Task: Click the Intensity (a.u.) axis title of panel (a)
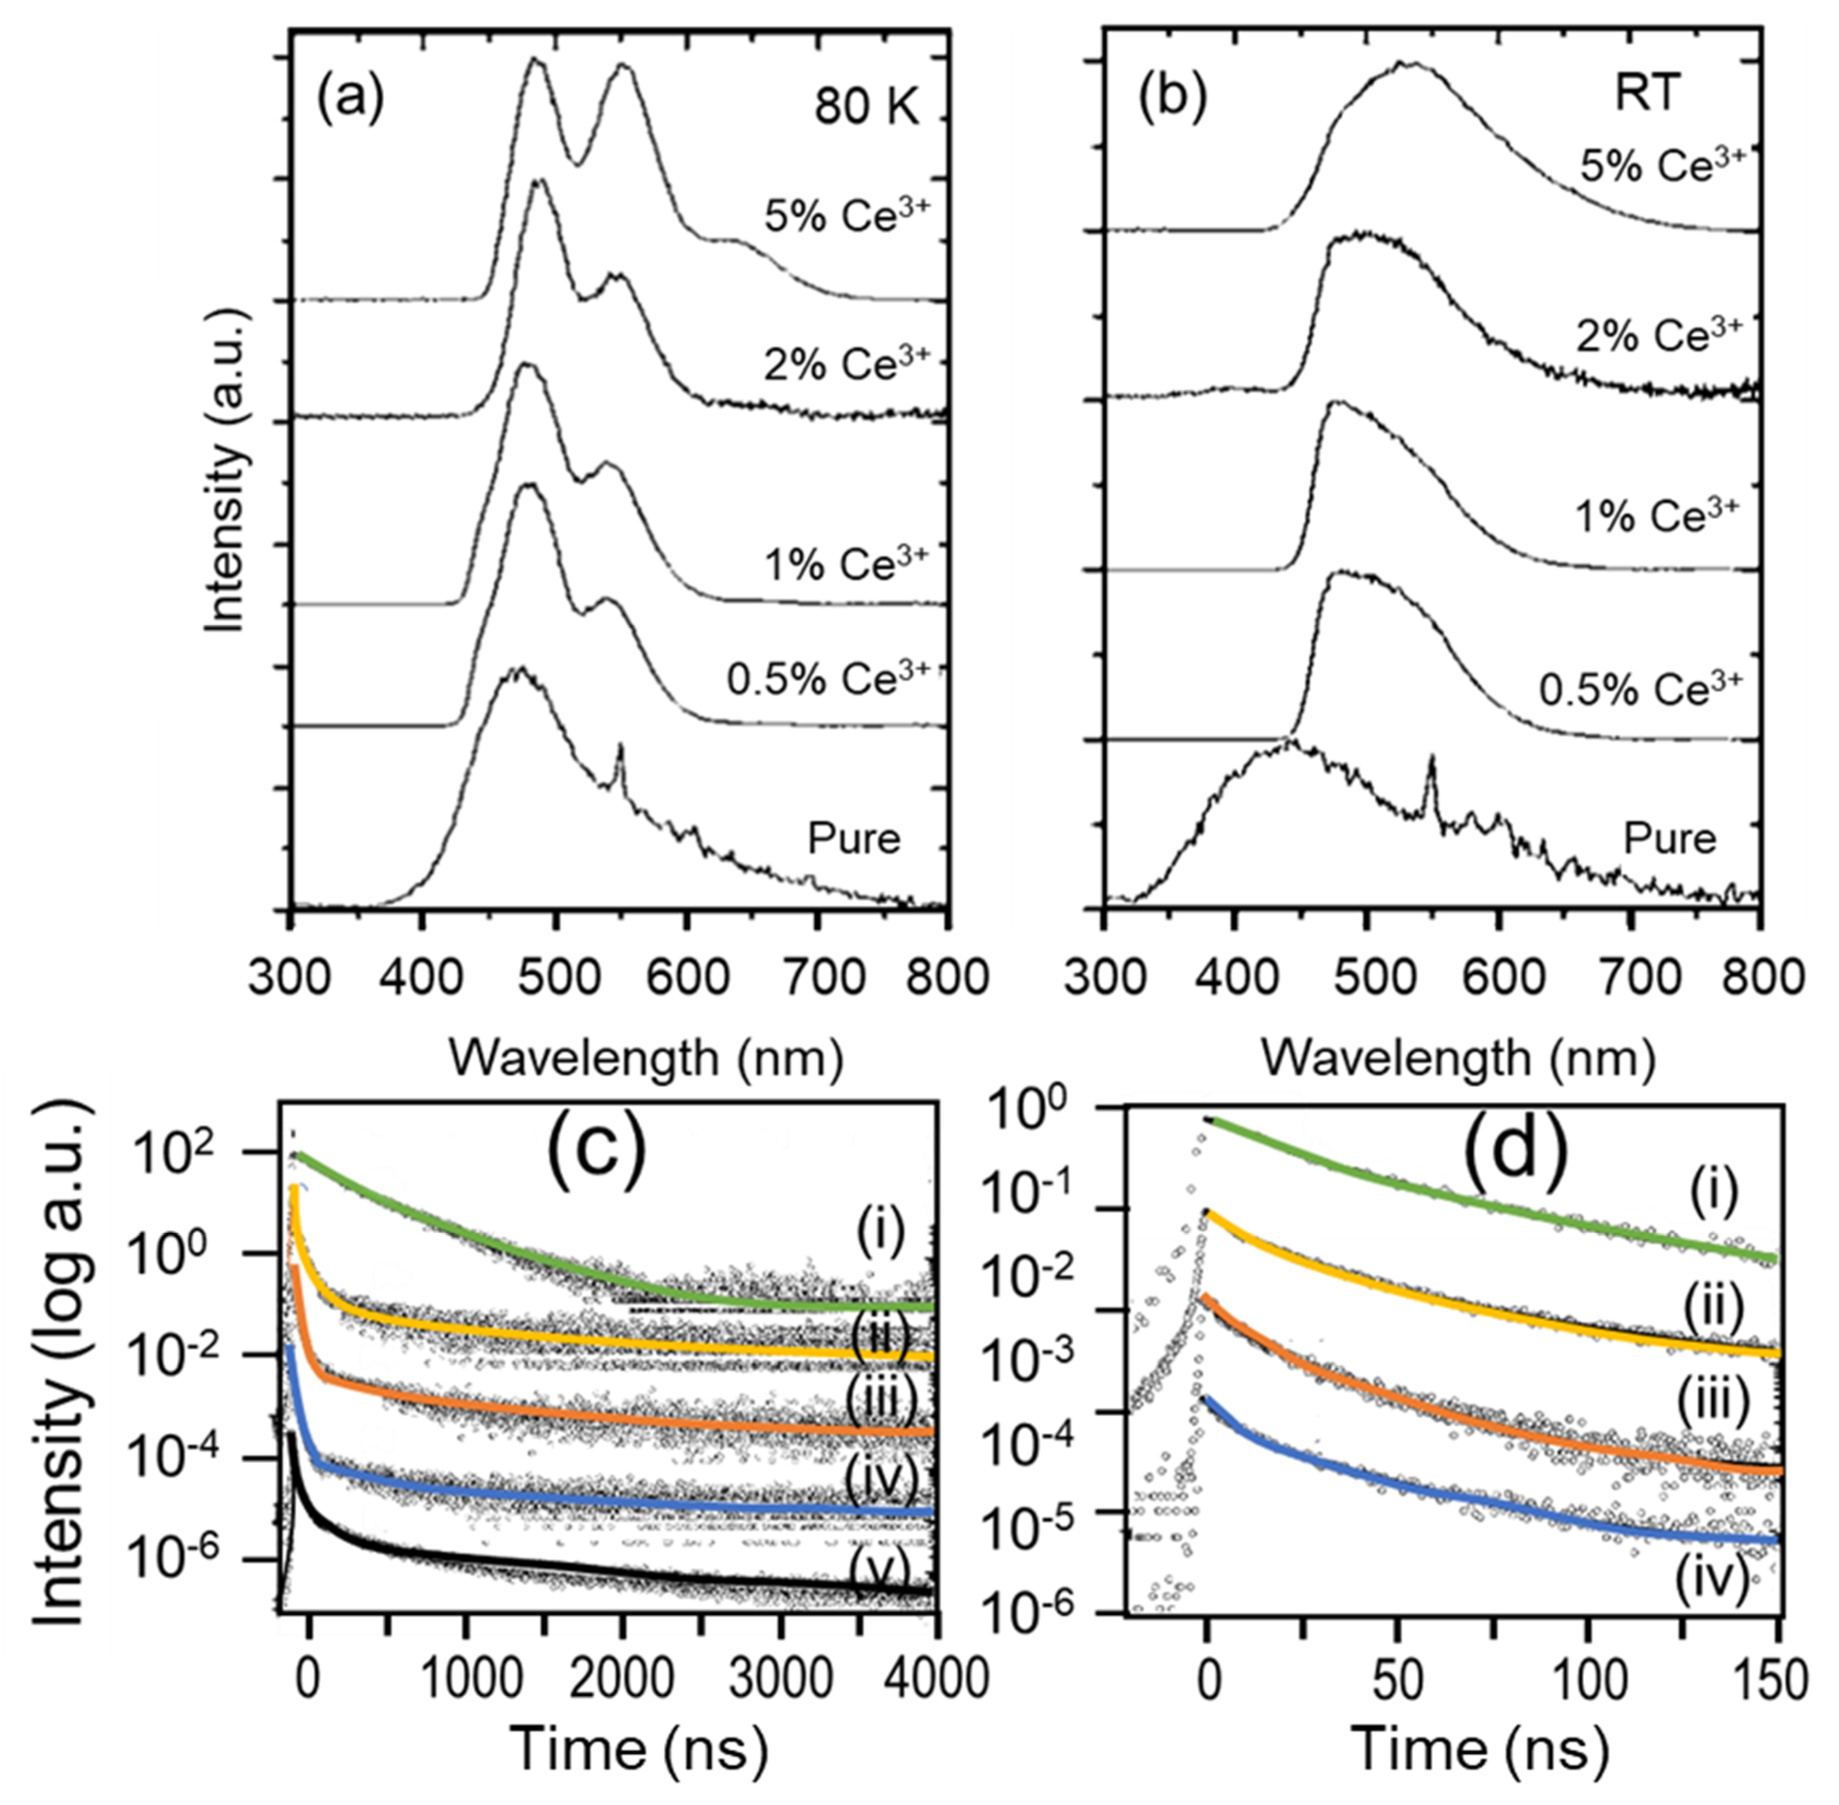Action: click(228, 469)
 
